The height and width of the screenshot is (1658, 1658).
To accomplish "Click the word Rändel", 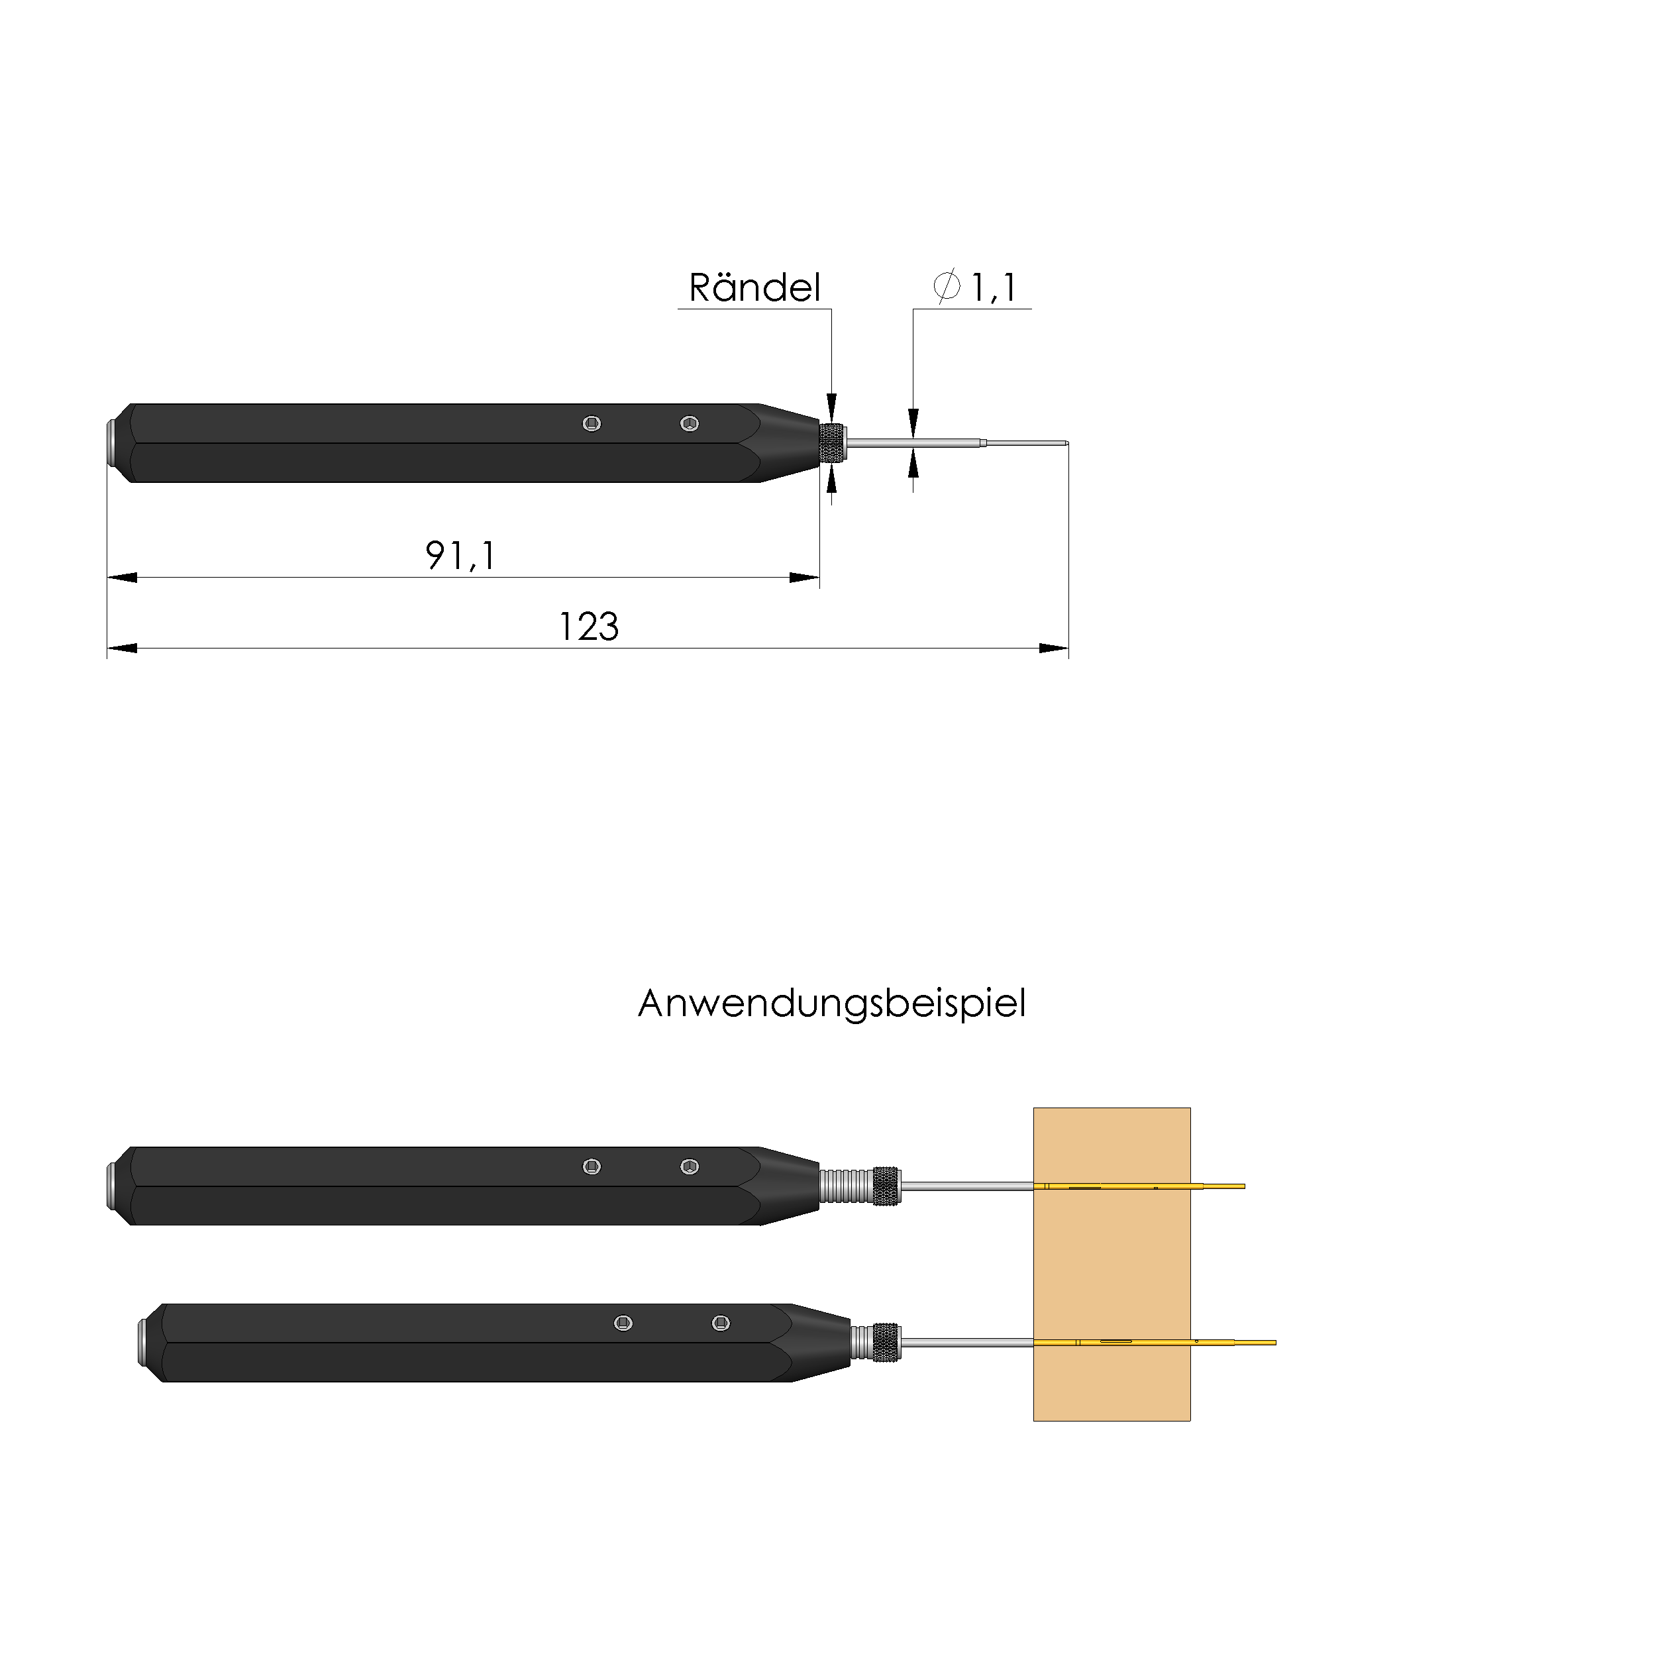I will [x=754, y=287].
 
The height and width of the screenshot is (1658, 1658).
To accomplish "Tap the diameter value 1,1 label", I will [x=993, y=287].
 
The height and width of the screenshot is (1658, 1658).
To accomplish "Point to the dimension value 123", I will [x=589, y=627].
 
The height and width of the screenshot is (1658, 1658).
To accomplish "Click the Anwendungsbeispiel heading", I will [x=831, y=1003].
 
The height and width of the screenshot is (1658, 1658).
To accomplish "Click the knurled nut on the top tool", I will [x=831, y=443].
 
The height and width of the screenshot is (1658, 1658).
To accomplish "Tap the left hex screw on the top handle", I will [x=592, y=423].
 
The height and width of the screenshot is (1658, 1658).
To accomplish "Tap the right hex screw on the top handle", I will [x=689, y=423].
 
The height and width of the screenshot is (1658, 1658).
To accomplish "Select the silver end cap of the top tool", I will [x=111, y=443].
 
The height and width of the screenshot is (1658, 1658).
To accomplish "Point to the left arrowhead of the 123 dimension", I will [x=122, y=648].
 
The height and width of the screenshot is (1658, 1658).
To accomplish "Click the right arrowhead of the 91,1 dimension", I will [x=805, y=578].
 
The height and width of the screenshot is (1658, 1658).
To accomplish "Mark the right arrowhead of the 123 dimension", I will [x=1054, y=648].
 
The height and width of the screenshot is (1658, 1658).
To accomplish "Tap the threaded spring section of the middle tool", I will [x=846, y=1186].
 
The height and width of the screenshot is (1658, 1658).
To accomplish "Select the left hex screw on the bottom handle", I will [x=624, y=1323].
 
